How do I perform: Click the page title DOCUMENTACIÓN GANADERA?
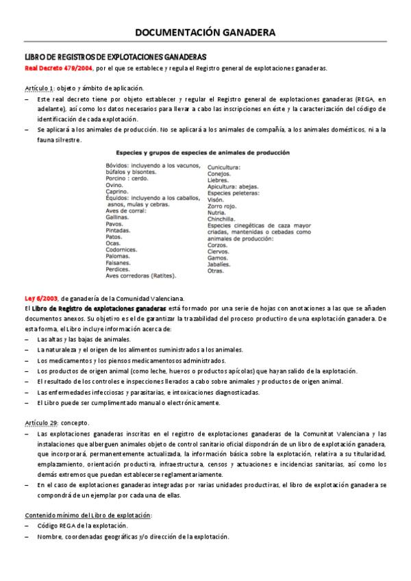(x=206, y=32)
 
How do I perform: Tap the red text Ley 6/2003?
(x=41, y=298)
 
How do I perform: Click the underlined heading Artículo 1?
(x=39, y=88)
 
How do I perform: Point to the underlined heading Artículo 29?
(x=41, y=423)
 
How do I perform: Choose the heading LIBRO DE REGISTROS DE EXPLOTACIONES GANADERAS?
(x=116, y=57)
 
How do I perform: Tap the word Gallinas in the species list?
(x=118, y=217)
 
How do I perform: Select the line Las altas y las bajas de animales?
(x=84, y=339)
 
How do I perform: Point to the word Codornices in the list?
(x=123, y=249)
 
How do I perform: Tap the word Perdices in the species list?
(x=119, y=269)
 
